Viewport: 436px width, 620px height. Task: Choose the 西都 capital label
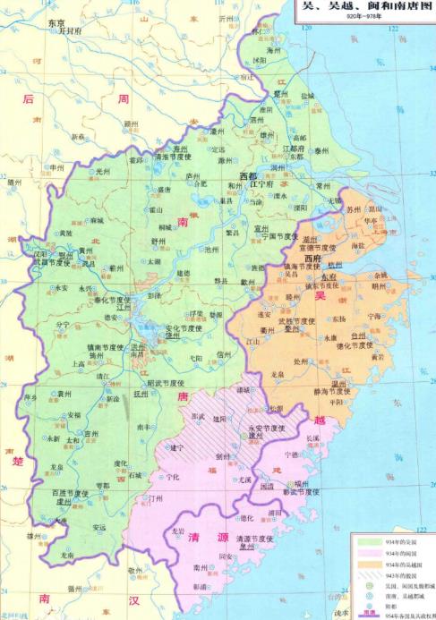tap(252, 175)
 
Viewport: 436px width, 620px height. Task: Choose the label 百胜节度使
tap(73, 494)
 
